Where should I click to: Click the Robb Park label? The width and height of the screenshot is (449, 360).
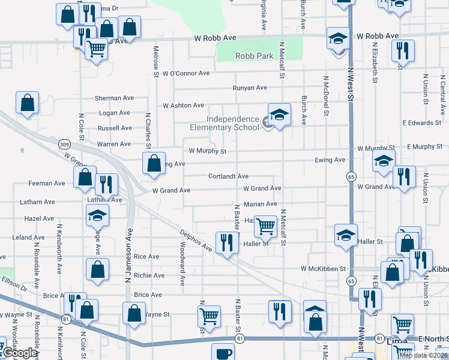coord(254,56)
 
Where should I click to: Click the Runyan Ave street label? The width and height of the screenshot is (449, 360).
coord(250,88)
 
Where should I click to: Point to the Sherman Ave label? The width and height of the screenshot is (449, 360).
coord(114,98)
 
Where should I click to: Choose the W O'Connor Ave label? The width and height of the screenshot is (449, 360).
coord(185,73)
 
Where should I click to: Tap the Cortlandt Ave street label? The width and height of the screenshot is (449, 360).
coord(228,176)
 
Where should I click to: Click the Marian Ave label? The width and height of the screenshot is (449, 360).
coord(260,204)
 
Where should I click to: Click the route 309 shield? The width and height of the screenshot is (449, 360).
coord(65,144)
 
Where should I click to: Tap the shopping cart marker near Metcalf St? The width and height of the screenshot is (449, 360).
coord(265,226)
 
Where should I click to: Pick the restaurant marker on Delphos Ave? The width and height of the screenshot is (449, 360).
coord(226,242)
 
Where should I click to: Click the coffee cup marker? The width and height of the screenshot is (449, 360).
coord(223,353)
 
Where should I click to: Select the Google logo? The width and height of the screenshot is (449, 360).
coord(20,353)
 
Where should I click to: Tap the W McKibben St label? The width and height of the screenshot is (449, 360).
coord(324,269)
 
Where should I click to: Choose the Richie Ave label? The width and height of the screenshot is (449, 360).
coord(149,275)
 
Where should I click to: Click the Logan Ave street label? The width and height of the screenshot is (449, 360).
coord(114,113)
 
